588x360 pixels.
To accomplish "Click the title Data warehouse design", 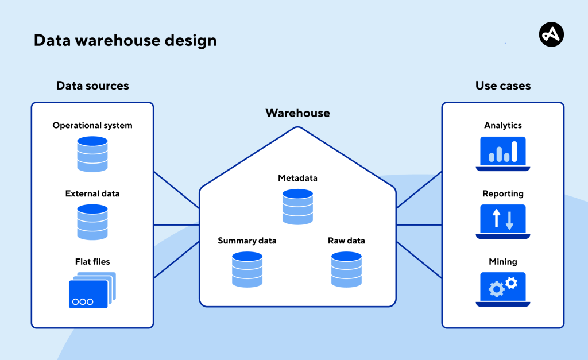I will coord(125,41).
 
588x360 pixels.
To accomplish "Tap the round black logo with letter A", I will coord(551,35).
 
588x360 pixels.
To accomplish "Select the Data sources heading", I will coord(92,86).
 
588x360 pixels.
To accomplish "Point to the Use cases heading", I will coord(503,86).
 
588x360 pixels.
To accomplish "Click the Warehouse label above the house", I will coord(297,113).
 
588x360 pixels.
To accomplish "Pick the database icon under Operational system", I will coord(92,153).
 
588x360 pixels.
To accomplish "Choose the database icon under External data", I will coord(92,222).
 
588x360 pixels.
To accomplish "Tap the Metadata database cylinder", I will coord(297,206).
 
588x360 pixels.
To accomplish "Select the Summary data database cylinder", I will coord(247,269).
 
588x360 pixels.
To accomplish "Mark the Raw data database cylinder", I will coord(346,269).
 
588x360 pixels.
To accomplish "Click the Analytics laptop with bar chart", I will coord(503,153).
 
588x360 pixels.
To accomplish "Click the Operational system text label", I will coord(92,125).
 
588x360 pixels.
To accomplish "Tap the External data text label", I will coord(92,193).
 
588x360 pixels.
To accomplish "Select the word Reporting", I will coord(503,193).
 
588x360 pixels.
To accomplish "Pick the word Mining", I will coord(503,262).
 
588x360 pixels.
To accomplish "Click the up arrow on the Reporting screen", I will coord(497,218).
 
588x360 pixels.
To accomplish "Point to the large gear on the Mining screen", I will coord(496,289).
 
